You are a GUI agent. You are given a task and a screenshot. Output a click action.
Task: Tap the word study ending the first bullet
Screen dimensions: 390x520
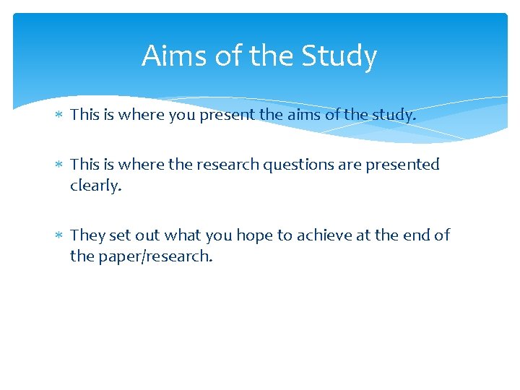(394, 114)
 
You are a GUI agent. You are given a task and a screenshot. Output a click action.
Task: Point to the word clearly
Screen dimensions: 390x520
(95, 186)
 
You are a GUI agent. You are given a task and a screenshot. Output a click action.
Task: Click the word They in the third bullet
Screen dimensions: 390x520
(87, 235)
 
